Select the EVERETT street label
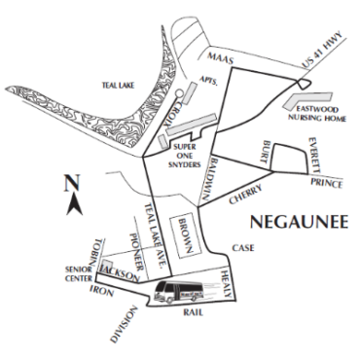click(x=313, y=154)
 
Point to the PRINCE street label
click(x=327, y=182)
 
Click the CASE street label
click(x=243, y=248)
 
